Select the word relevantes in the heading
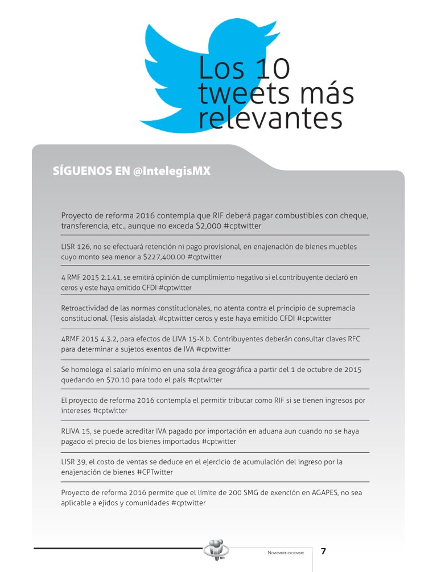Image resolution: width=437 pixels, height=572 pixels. [x=270, y=119]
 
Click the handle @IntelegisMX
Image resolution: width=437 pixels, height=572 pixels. [x=172, y=171]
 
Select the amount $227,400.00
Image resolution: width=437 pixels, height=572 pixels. [x=163, y=257]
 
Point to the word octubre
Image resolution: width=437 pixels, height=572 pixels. [x=319, y=369]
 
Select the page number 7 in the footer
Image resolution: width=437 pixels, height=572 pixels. [x=323, y=551]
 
